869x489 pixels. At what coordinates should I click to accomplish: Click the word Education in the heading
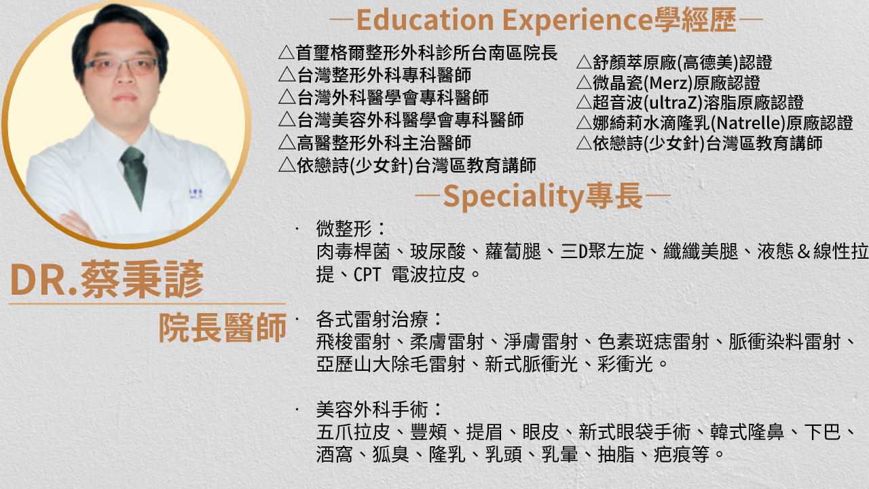(425, 20)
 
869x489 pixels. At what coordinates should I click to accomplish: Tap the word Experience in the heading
(578, 20)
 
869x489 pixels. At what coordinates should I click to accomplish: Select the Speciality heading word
(513, 197)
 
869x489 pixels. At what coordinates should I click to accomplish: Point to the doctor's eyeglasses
(122, 67)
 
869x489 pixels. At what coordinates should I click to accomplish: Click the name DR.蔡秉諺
(107, 279)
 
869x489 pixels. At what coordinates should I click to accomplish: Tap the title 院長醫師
(222, 328)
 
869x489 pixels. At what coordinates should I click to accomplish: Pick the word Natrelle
(748, 124)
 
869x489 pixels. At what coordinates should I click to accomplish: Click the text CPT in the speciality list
(367, 275)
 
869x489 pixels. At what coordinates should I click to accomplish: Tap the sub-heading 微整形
(344, 229)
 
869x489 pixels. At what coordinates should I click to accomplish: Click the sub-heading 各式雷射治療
(372, 319)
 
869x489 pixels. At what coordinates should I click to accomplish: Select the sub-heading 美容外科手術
(372, 410)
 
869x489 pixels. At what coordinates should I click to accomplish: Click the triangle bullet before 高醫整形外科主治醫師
(287, 143)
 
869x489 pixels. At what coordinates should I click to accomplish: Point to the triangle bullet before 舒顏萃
(585, 62)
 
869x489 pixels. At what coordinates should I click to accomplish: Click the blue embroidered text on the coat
(196, 194)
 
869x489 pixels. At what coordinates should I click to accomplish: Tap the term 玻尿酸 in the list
(438, 252)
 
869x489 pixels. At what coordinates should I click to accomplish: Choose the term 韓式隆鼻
(747, 432)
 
